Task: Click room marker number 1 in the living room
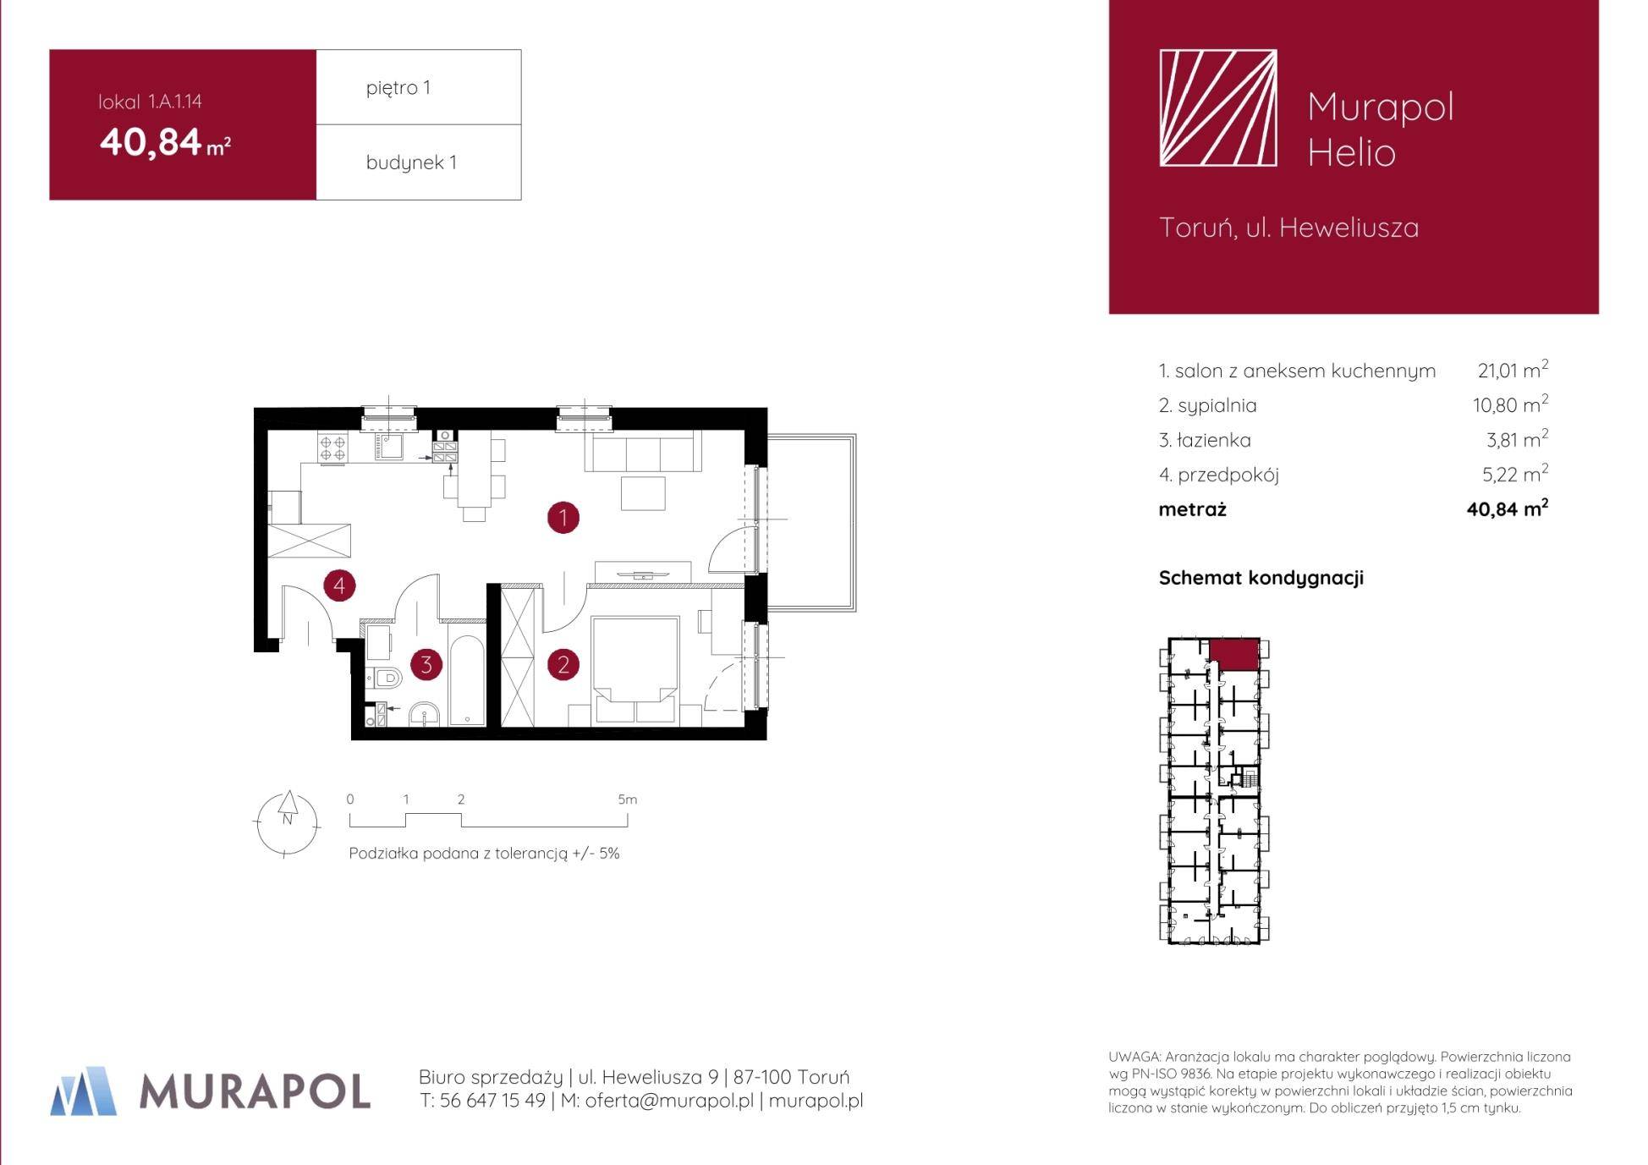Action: click(x=563, y=517)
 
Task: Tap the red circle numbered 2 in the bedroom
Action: click(x=563, y=665)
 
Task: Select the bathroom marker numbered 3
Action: click(x=426, y=665)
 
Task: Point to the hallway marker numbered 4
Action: click(x=339, y=585)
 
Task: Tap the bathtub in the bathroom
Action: click(x=466, y=680)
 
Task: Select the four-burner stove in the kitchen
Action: click(x=332, y=447)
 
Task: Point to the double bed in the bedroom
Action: click(x=635, y=670)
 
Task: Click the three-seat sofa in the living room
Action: click(x=643, y=451)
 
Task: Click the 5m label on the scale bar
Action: click(x=627, y=800)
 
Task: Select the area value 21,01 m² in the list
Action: click(x=1513, y=370)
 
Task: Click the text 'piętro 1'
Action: click(x=398, y=88)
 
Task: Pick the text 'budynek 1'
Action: click(x=411, y=162)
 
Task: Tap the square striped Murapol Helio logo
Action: click(x=1217, y=107)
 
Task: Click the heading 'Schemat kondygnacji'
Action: click(x=1261, y=578)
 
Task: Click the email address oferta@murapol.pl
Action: click(x=669, y=1101)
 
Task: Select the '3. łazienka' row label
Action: click(x=1205, y=440)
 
